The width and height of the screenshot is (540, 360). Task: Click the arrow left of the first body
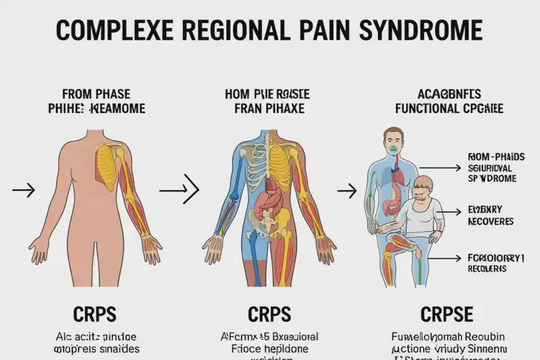point(24,191)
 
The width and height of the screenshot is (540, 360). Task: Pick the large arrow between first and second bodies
point(179,191)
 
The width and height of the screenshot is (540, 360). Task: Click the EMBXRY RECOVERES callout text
point(490,217)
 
